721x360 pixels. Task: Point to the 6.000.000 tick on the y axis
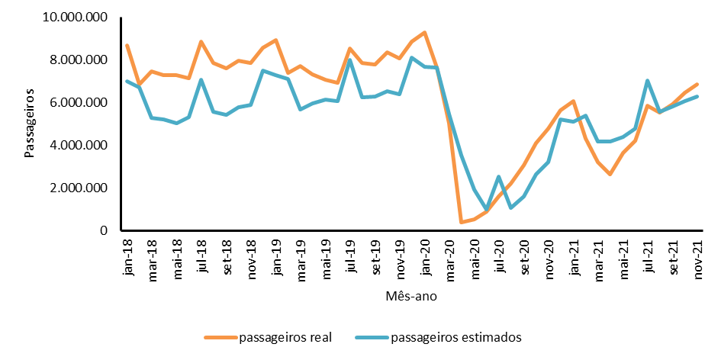(80, 102)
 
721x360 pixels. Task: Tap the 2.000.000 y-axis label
(80, 188)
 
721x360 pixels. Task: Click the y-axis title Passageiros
(30, 124)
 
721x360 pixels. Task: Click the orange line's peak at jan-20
(424, 32)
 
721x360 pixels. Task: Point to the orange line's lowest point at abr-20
(462, 222)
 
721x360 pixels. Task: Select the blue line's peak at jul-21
(647, 80)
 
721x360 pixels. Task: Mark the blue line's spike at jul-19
(350, 59)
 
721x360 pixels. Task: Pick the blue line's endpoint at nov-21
(697, 96)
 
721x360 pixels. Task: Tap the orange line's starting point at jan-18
(127, 45)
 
